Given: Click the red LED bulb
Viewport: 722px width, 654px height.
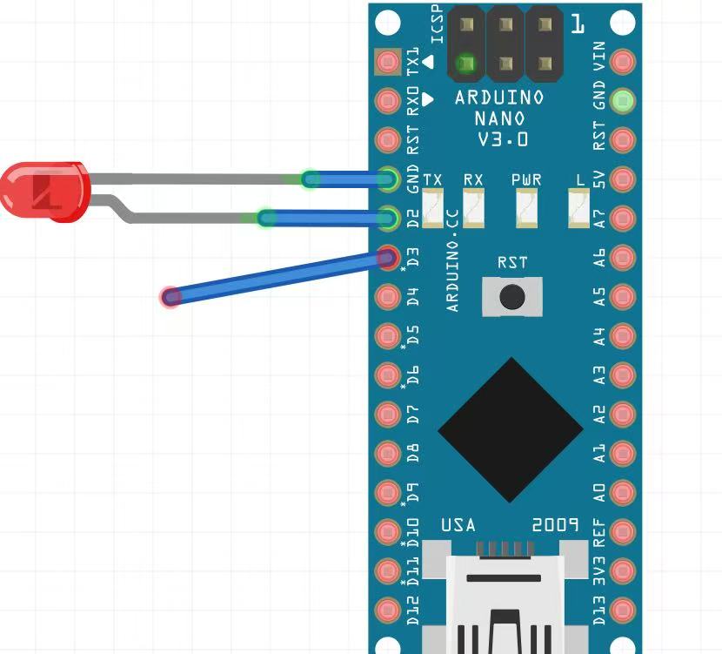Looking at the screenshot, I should point(43,191).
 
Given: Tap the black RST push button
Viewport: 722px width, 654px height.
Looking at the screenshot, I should point(511,296).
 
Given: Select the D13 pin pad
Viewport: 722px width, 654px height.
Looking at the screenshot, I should point(623,609).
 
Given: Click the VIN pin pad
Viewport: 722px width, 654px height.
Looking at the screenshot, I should point(623,62).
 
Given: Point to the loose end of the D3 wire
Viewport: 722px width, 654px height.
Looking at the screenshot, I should point(171,297).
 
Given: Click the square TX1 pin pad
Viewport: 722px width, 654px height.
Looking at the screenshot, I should point(387,62).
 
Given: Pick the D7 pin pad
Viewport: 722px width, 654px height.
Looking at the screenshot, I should point(387,414).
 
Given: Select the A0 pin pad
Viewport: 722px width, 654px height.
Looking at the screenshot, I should point(623,492).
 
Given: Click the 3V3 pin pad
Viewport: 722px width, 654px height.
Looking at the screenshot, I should point(623,570).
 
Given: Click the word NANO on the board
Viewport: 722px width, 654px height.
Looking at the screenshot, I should point(499,118).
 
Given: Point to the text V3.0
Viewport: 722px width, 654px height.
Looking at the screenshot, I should point(502,139).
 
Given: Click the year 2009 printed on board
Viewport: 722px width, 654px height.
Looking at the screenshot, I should point(555,525).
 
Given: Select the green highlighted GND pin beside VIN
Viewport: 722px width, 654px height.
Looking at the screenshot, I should point(623,101).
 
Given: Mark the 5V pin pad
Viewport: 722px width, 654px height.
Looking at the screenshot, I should point(623,179).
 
